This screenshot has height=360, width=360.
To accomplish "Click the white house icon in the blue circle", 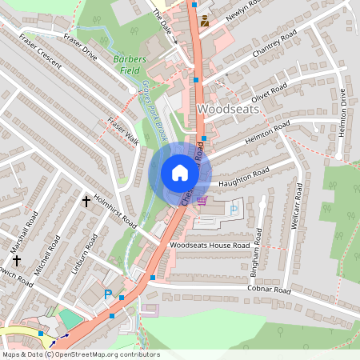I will pos(180,173).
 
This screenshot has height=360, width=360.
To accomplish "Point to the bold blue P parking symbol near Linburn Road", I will pos(109,294).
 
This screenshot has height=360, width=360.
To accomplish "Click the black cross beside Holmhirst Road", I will pos(86,201).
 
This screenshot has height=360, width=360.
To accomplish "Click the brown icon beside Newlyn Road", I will pos(204,21).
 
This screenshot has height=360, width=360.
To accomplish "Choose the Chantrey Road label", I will pos(274,45).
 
